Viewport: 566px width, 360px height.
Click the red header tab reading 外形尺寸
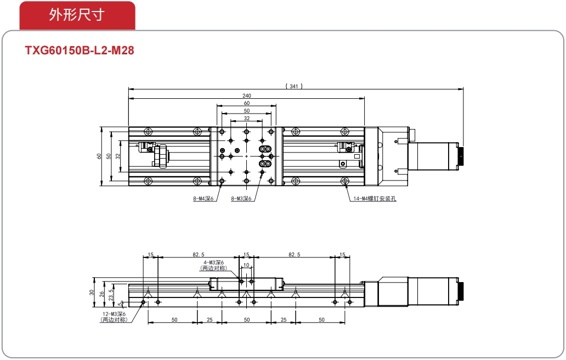(x=77, y=15)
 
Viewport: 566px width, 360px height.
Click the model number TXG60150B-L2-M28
(x=80, y=50)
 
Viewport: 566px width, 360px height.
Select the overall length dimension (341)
(x=294, y=86)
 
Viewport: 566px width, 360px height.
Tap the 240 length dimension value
(x=247, y=95)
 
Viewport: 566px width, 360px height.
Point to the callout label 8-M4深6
(x=203, y=198)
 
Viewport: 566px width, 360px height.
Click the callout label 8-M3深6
(x=241, y=198)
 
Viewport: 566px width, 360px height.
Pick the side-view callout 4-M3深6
(x=214, y=262)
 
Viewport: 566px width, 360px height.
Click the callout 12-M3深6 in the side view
(x=114, y=314)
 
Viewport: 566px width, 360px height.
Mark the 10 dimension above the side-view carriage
(x=246, y=265)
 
